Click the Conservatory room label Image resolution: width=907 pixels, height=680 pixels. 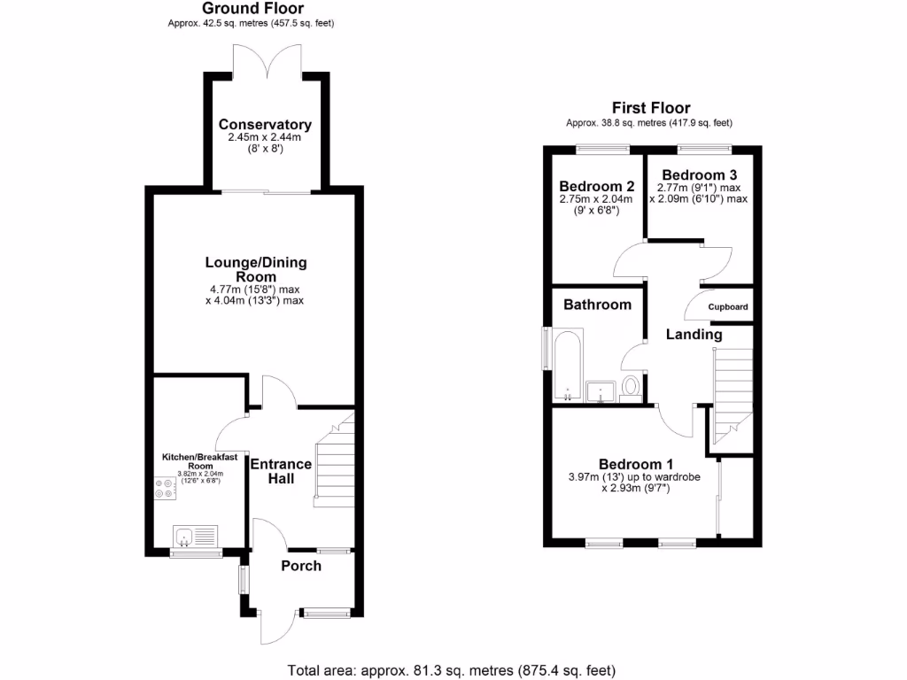pos(265,125)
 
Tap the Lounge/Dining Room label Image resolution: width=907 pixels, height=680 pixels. pos(256,270)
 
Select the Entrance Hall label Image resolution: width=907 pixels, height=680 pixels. pos(281,471)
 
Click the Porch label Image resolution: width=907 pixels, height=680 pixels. pos(301,566)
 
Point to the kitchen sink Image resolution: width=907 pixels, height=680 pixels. pos(186,536)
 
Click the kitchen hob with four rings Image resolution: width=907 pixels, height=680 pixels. pos(164,489)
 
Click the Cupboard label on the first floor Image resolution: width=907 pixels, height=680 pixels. pos(728,307)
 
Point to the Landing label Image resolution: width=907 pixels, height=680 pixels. pos(694,335)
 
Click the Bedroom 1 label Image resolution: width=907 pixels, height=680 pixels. pos(635,464)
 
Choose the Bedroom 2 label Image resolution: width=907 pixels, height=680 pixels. pos(596,187)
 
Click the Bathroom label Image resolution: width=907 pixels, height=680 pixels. pos(598,305)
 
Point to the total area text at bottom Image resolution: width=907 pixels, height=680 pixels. pos(452,669)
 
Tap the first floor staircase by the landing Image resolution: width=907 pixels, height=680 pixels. pos(732,390)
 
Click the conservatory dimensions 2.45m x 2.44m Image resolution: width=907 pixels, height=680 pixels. pos(265,138)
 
